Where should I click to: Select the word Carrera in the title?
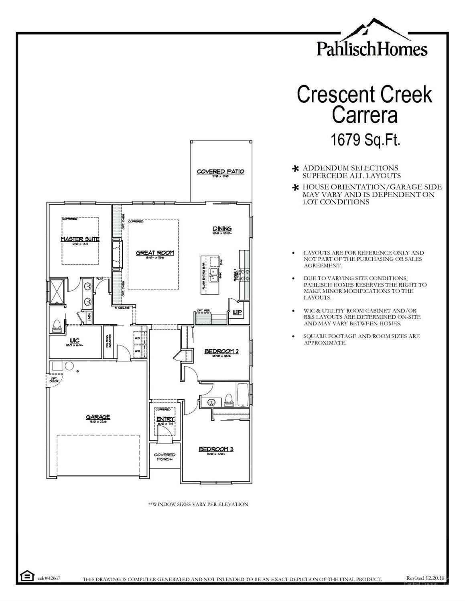pos(364,115)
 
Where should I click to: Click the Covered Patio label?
pos(220,172)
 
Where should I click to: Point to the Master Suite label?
pos(80,239)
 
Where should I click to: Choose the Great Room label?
pos(154,253)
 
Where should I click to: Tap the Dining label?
pos(222,229)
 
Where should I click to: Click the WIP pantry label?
pos(237,312)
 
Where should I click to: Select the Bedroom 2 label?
pos(221,351)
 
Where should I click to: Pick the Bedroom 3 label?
pos(216,449)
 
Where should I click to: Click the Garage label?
pos(97,417)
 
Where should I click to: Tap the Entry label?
pos(165,419)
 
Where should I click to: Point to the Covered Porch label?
pos(165,457)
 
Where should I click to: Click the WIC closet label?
pos(75,341)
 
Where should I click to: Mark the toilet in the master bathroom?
pos(57,326)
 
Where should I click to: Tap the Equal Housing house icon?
pos(27,576)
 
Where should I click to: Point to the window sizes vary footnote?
pos(198,504)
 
